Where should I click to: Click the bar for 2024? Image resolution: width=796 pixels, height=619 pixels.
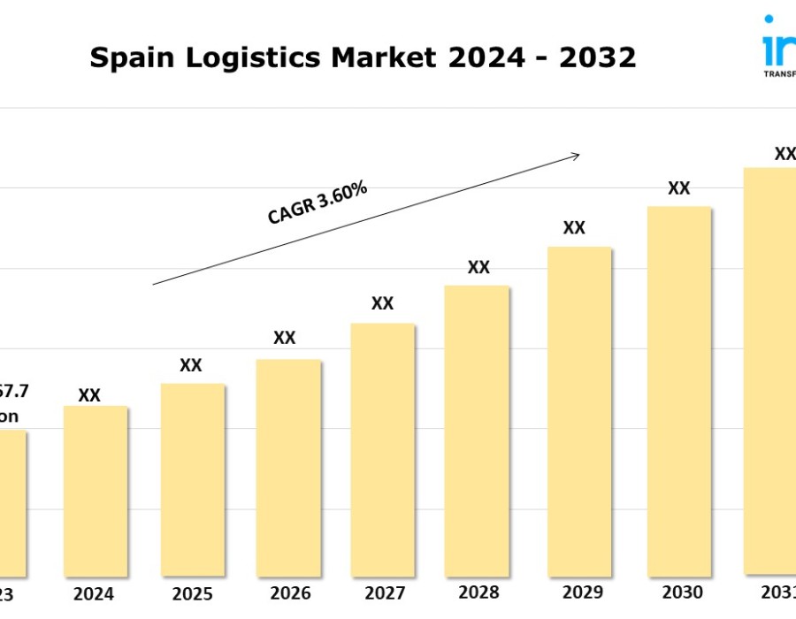(x=95, y=491)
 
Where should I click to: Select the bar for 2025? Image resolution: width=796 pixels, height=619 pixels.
(x=192, y=479)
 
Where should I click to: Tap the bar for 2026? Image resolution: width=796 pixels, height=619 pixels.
(x=288, y=467)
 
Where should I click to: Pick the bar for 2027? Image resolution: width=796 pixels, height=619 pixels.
(x=383, y=449)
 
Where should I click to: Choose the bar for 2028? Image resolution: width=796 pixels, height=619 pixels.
(x=478, y=430)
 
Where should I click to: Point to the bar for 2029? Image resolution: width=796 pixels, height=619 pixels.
(x=579, y=411)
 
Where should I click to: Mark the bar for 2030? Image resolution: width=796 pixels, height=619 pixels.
(x=678, y=391)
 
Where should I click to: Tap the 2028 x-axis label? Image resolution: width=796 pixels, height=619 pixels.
(x=478, y=592)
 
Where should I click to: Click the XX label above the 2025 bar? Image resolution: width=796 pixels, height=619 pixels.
(x=191, y=365)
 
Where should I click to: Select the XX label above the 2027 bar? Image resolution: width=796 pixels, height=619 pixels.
(x=382, y=303)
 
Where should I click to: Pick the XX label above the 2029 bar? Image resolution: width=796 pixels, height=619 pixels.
(x=574, y=227)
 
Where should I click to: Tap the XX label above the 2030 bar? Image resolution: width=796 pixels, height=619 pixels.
(x=678, y=187)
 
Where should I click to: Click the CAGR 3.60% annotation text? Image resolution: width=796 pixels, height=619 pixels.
(x=318, y=203)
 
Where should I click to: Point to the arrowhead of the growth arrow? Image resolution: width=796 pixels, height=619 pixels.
(x=576, y=156)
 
